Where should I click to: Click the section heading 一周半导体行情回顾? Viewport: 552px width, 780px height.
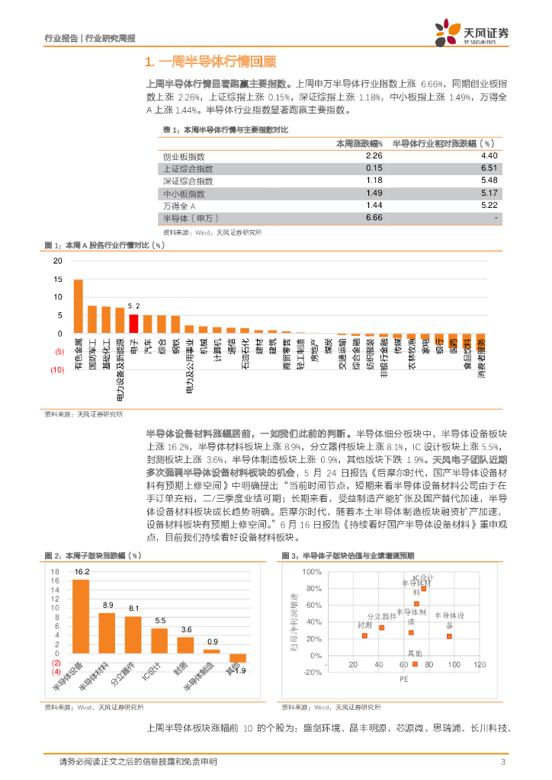coord(210,61)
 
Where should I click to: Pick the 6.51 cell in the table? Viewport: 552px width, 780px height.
coord(489,168)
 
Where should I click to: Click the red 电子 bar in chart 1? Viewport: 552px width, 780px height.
coord(133,324)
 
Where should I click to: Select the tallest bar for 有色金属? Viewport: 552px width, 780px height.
coord(78,306)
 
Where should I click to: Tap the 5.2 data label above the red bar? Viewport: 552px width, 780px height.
coord(133,305)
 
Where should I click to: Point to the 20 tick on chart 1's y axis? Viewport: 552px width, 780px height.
coord(58,261)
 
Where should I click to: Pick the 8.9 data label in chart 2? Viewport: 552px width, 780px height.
coord(108,604)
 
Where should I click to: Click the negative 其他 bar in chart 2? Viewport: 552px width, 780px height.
coord(238,657)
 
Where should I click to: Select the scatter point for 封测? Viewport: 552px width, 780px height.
coord(364,635)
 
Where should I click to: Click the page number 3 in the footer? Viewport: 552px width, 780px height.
coord(502,762)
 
